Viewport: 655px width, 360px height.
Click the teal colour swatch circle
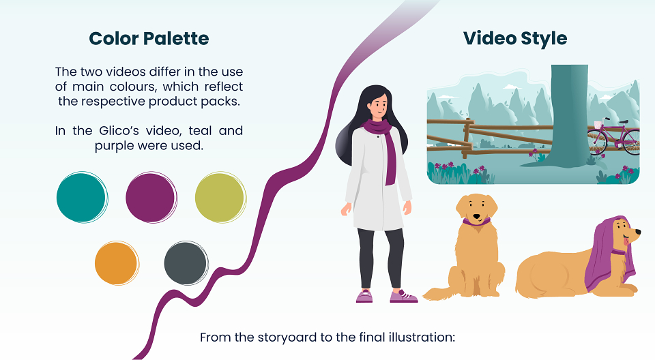coord(83,197)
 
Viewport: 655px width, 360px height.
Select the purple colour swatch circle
coord(151,197)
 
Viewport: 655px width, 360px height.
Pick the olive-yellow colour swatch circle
coord(220,197)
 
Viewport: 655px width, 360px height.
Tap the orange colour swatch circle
coord(117,263)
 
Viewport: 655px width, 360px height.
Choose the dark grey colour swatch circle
coord(186,263)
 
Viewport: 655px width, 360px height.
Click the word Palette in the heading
coord(176,38)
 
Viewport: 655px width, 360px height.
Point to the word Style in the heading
coord(544,39)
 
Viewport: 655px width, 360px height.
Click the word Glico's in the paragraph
coord(119,131)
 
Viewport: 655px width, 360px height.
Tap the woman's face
coord(379,107)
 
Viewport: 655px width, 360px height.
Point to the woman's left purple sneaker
coord(403,296)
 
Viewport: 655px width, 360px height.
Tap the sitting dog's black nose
coord(477,216)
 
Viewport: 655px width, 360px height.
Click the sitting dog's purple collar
coord(476,222)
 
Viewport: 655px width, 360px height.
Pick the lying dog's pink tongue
coord(626,241)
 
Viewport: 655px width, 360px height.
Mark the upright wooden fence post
coord(467,138)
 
